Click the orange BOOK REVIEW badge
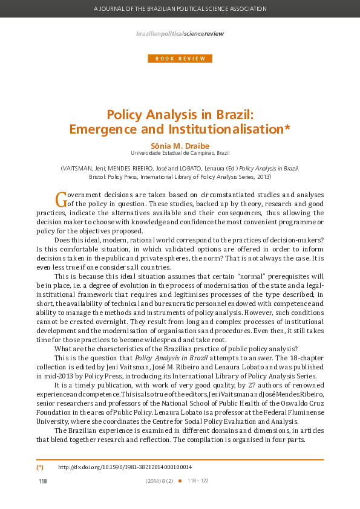tap(180, 59)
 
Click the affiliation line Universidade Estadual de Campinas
tap(180, 154)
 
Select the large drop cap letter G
tap(60, 198)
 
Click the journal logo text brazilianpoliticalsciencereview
tap(180, 34)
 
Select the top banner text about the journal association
tap(180, 9)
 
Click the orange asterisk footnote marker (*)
tap(40, 467)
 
